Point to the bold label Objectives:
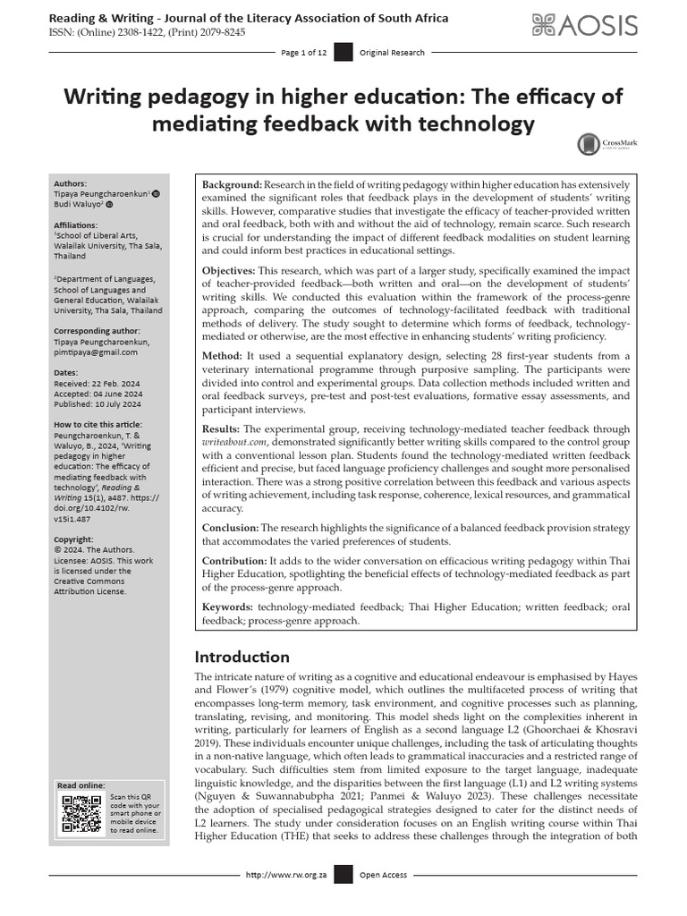click(231, 268)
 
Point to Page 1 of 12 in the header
click(304, 53)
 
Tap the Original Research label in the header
click(392, 53)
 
